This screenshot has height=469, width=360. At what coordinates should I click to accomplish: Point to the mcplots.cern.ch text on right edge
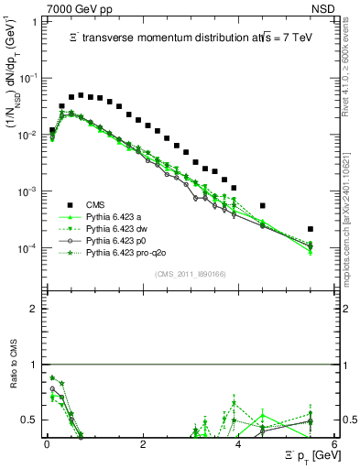pyautogui.click(x=350, y=202)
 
